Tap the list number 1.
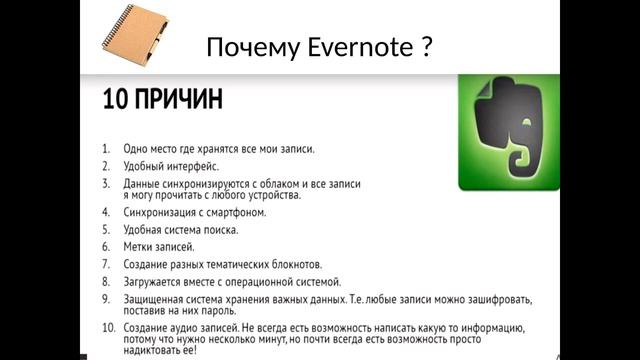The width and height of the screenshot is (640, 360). point(106,149)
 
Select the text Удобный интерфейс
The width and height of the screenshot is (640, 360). point(171,166)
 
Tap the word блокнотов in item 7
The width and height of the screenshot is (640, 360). point(293,264)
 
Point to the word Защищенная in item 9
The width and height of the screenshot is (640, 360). point(155,299)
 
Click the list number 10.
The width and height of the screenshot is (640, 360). point(107,327)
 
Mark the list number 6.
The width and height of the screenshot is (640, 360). point(106,246)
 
